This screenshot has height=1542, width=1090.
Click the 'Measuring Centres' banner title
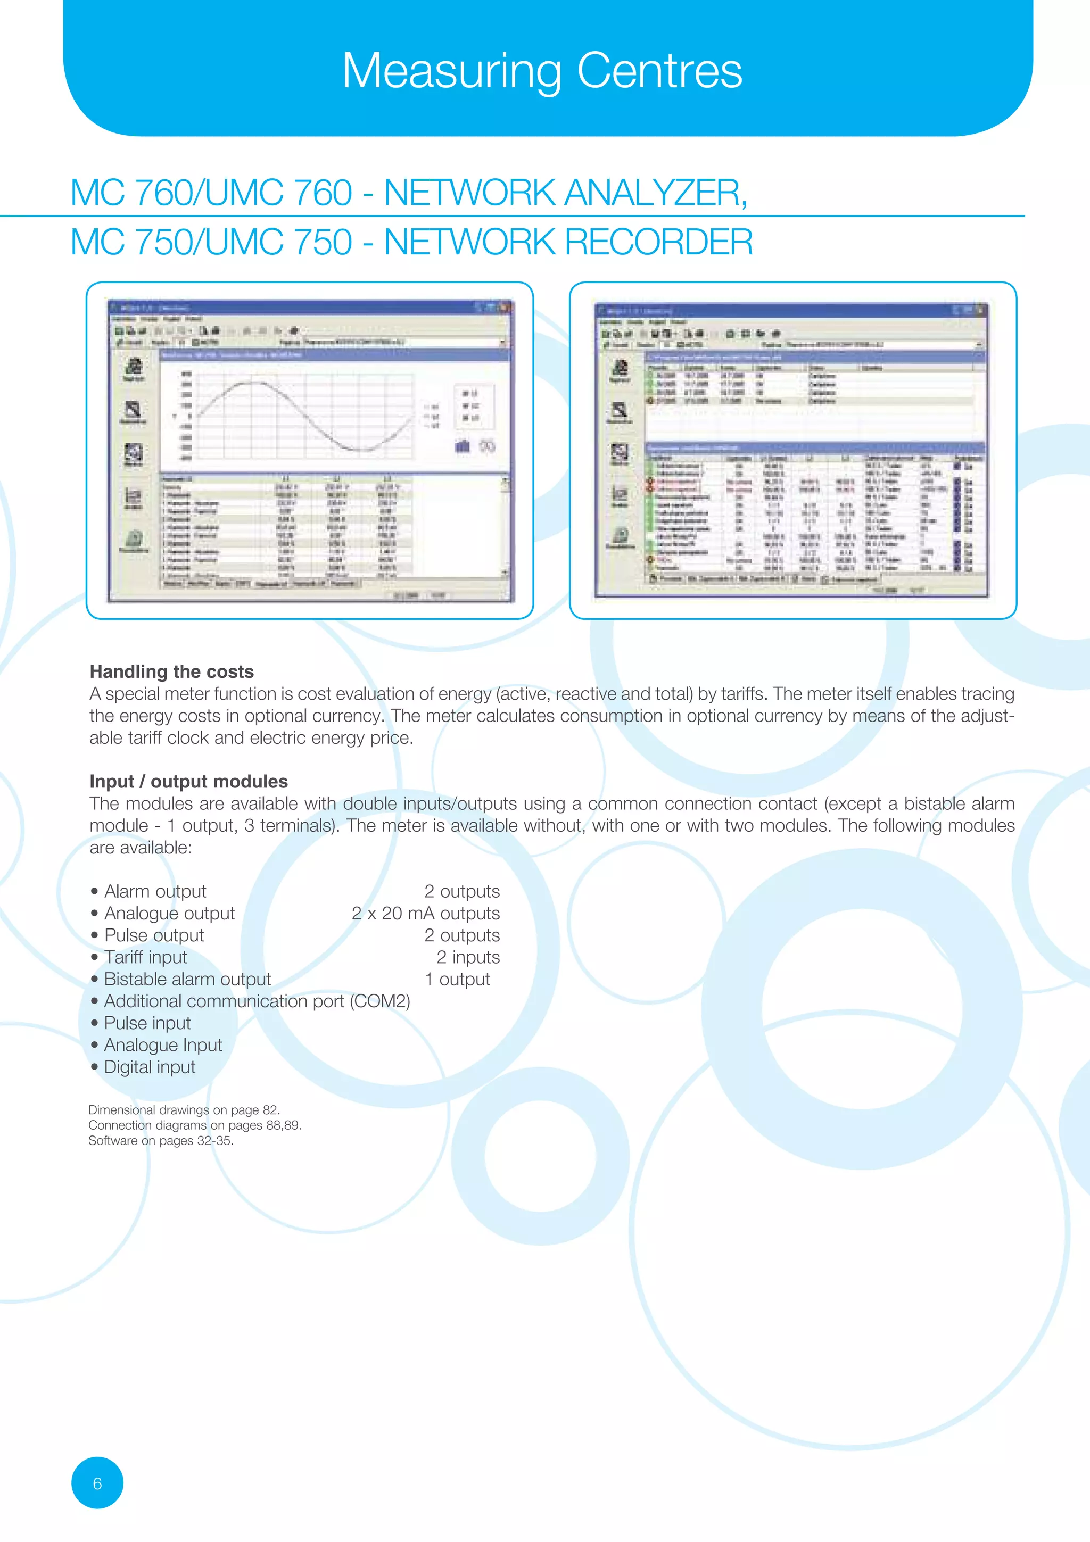pyautogui.click(x=542, y=71)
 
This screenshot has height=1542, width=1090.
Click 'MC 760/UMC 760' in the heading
pyautogui.click(x=211, y=193)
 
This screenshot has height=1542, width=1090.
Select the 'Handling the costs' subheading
pyautogui.click(x=171, y=671)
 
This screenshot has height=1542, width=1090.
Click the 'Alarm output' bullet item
pyautogui.click(x=154, y=891)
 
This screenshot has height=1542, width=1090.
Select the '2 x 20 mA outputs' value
pyautogui.click(x=425, y=914)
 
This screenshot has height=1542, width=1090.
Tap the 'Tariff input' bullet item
pyautogui.click(x=145, y=957)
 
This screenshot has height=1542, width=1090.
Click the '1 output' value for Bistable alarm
pyautogui.click(x=457, y=979)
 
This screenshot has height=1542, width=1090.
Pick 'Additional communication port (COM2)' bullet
pyautogui.click(x=257, y=1001)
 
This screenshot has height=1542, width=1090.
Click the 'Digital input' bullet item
pyautogui.click(x=149, y=1067)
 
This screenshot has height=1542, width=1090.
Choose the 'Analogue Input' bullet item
pyautogui.click(x=162, y=1045)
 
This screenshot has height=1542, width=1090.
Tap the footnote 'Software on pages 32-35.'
pyautogui.click(x=161, y=1140)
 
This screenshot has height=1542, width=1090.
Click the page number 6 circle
pyautogui.click(x=97, y=1483)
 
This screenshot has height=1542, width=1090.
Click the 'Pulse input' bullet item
pyautogui.click(x=147, y=1023)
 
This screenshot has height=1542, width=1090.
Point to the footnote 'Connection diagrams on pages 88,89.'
pyautogui.click(x=195, y=1125)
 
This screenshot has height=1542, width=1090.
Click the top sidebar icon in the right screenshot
pyautogui.click(x=619, y=369)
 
